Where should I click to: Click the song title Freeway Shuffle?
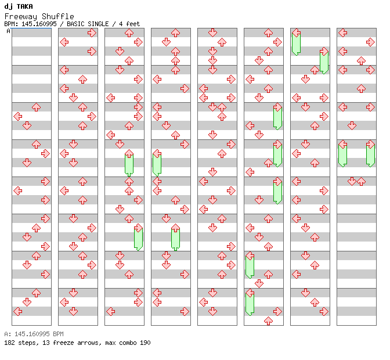(x=39, y=16)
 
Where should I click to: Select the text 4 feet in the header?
(x=129, y=24)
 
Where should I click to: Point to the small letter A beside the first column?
(x=8, y=31)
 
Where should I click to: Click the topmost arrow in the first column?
(x=36, y=107)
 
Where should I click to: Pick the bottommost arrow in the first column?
(x=17, y=312)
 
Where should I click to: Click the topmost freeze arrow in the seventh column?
(x=296, y=42)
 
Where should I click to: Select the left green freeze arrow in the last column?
(x=342, y=154)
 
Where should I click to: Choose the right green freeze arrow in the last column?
(x=370, y=154)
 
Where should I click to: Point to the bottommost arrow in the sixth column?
(x=268, y=321)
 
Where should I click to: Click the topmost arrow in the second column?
(x=92, y=33)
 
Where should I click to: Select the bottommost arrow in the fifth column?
(x=222, y=312)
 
